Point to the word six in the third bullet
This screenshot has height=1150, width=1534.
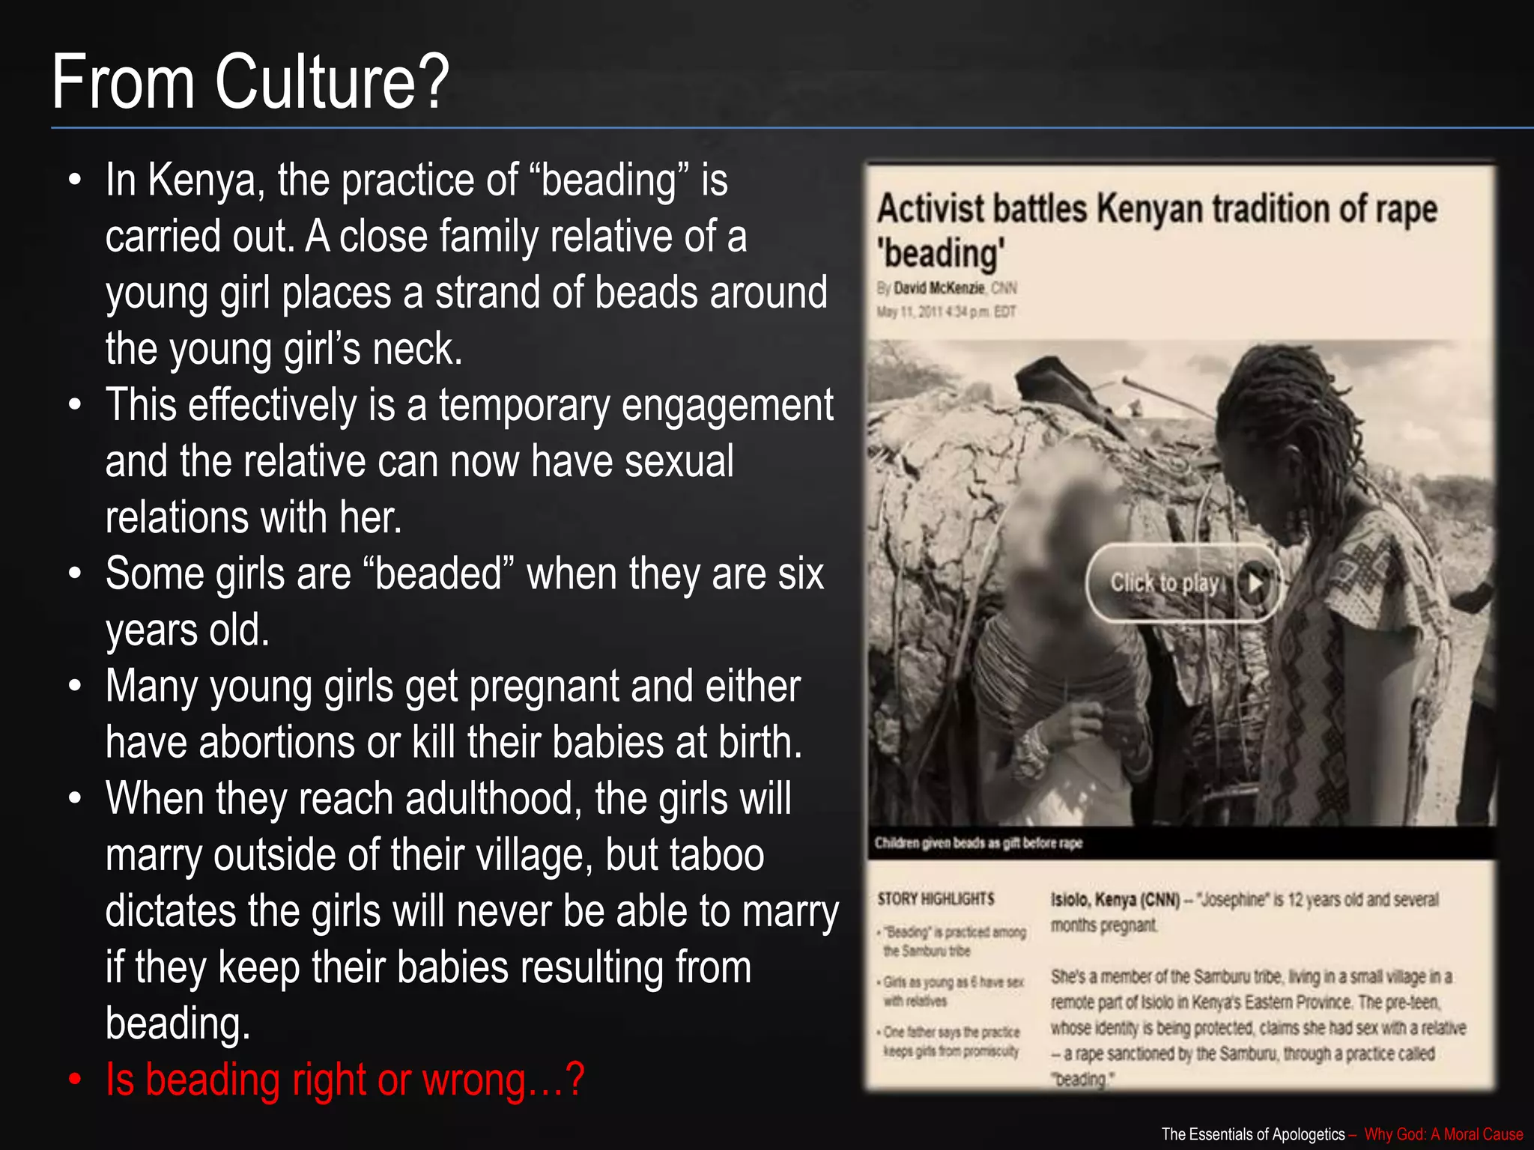801,574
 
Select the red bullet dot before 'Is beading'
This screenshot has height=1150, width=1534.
74,1080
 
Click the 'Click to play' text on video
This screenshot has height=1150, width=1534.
1165,582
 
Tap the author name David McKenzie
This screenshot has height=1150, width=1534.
939,288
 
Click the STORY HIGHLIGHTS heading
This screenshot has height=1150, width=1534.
936,898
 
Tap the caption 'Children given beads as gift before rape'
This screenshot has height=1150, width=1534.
978,843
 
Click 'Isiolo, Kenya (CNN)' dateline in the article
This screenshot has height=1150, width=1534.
1115,899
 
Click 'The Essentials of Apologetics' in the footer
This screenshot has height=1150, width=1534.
1252,1134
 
